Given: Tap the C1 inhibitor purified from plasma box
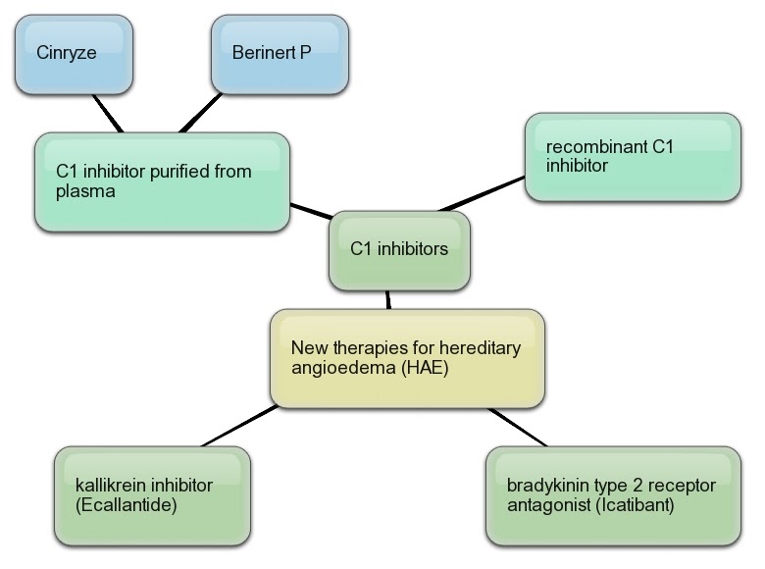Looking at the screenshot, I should point(162,181).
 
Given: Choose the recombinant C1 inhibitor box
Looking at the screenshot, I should point(633,157).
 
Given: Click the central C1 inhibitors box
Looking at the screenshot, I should point(398,249).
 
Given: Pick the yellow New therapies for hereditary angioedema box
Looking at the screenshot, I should point(406,358).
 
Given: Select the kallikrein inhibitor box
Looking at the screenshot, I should point(151,495).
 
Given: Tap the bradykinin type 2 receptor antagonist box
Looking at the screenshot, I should point(613,495).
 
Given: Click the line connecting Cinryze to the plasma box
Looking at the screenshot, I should point(107,113).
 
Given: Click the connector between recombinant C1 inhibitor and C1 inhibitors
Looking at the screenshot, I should point(483,193).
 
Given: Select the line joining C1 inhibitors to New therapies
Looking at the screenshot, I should point(389,300).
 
